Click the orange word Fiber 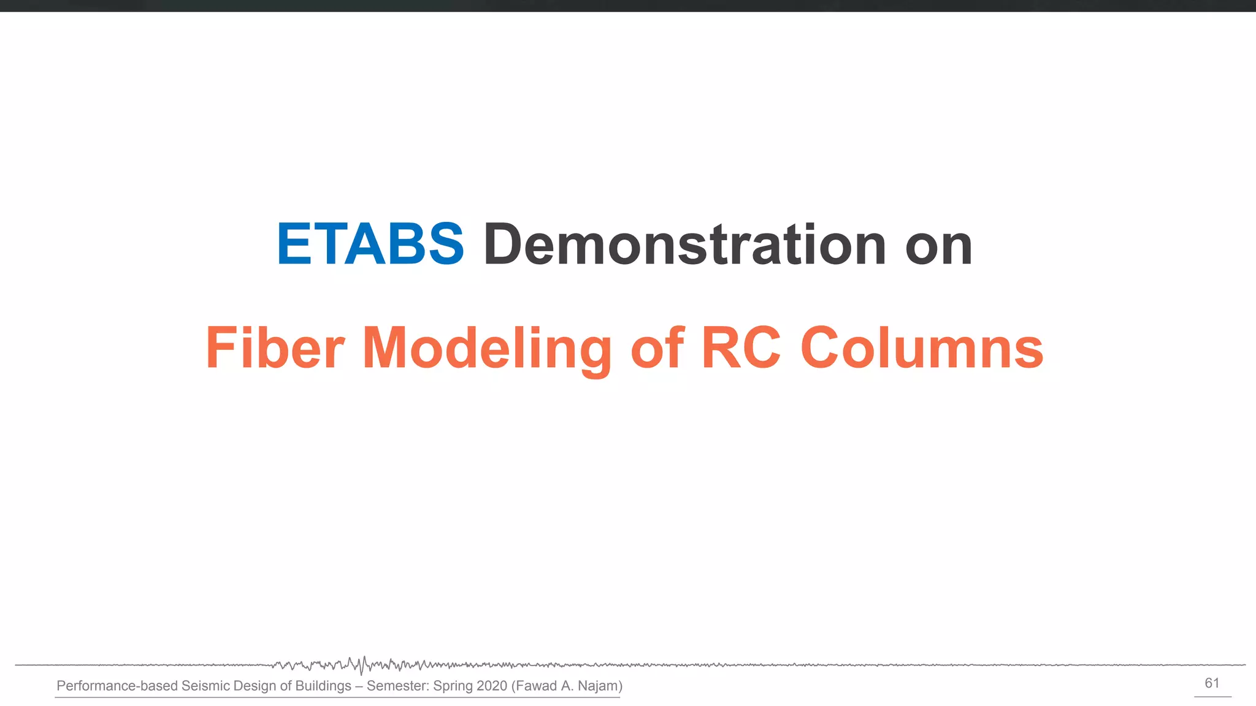click(275, 347)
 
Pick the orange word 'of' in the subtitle click(657, 347)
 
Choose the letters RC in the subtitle click(741, 347)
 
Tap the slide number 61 click(1212, 683)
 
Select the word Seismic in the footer click(204, 686)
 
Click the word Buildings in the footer click(323, 686)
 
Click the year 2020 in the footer click(491, 686)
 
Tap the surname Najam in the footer click(597, 686)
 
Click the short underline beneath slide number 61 click(1212, 696)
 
